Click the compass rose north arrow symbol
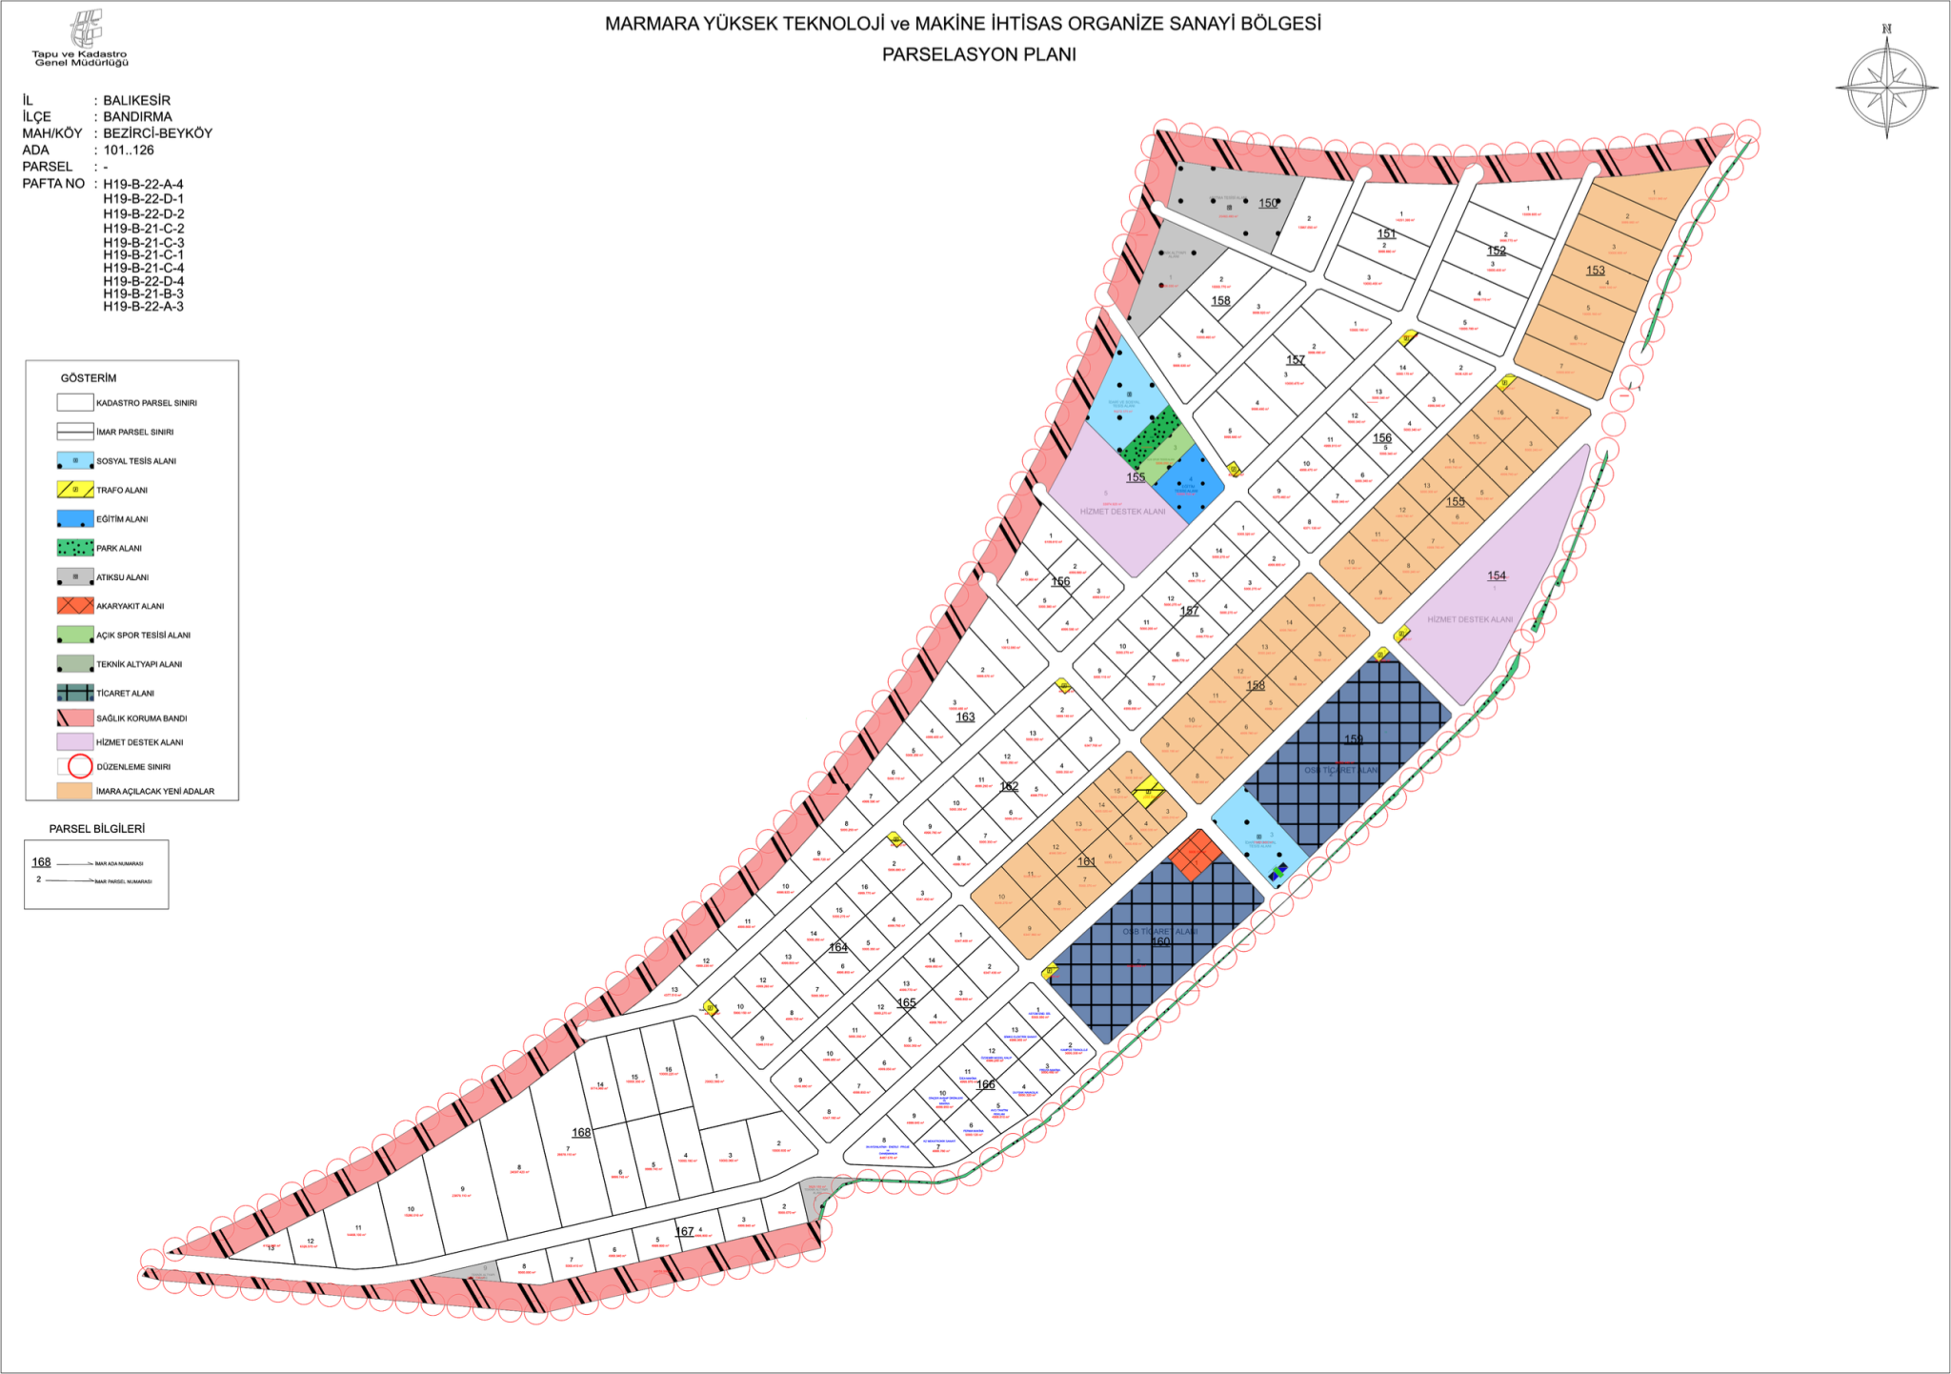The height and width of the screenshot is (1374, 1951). pyautogui.click(x=1886, y=87)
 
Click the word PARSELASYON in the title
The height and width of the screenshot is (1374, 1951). pyautogui.click(x=935, y=54)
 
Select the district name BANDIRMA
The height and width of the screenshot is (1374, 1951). pyautogui.click(x=137, y=116)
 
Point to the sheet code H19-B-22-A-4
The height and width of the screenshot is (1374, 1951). pyautogui.click(x=143, y=184)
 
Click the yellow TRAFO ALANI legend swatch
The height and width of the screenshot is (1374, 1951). pyautogui.click(x=75, y=490)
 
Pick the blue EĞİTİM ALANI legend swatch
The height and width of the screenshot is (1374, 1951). pyautogui.click(x=75, y=519)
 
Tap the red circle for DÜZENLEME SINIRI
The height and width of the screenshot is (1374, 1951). pyautogui.click(x=80, y=766)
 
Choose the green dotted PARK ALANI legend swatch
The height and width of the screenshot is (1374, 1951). pyautogui.click(x=75, y=548)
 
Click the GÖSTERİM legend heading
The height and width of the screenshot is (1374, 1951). pyautogui.click(x=89, y=378)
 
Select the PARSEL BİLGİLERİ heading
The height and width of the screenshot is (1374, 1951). pyautogui.click(x=97, y=829)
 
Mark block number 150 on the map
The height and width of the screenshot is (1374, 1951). pyautogui.click(x=1268, y=203)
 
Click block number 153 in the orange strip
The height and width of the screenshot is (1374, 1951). pyautogui.click(x=1595, y=271)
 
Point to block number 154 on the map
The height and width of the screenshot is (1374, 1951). pyautogui.click(x=1497, y=576)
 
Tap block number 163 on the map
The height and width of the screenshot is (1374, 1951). pyautogui.click(x=965, y=717)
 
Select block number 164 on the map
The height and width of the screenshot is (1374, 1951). pyautogui.click(x=838, y=947)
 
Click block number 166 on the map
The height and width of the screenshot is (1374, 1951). pyautogui.click(x=986, y=1084)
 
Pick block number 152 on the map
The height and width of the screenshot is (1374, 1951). pyautogui.click(x=1497, y=251)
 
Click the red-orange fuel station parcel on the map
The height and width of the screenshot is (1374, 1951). pyautogui.click(x=1196, y=855)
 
